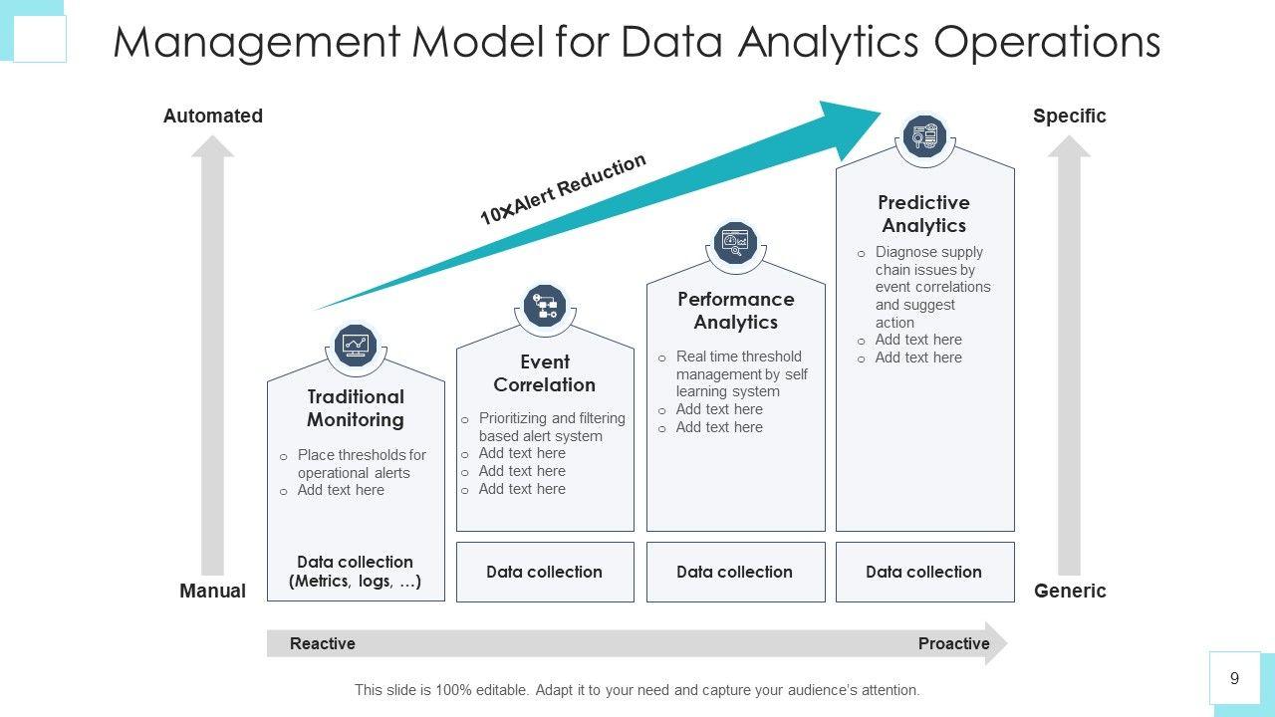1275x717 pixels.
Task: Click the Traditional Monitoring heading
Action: pos(356,408)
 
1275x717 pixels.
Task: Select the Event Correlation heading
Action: pos(544,373)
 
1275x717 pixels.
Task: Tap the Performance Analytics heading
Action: pos(735,311)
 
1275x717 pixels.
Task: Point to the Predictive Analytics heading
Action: pos(924,214)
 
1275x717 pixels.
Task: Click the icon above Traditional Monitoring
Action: pos(356,346)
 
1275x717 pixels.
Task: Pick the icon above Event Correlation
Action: pos(545,306)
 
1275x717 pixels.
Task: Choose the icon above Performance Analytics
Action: pos(736,243)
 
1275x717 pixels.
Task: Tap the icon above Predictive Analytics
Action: pos(924,136)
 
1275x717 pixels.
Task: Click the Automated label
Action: pos(213,116)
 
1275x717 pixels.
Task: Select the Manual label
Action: pos(212,591)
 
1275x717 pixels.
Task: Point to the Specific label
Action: pos(1069,116)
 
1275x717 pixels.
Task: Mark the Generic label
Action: pos(1070,591)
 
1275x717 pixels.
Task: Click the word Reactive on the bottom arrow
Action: pos(323,643)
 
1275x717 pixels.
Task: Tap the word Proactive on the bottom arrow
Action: pos(953,643)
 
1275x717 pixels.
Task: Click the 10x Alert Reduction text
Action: pos(563,189)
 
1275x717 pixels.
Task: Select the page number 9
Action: pos(1235,678)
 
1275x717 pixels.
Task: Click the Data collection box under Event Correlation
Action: pos(545,572)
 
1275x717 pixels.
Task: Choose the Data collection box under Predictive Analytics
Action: pos(924,572)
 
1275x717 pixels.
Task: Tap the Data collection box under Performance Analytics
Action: pos(735,572)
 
